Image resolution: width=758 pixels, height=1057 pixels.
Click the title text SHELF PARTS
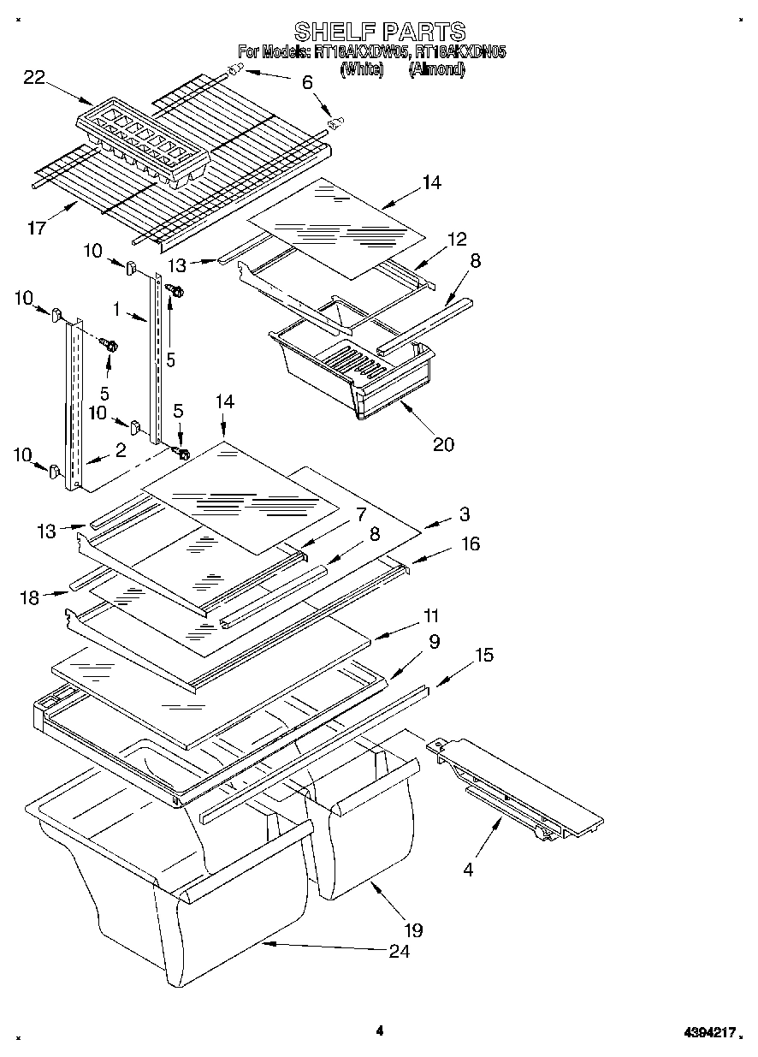pos(379,33)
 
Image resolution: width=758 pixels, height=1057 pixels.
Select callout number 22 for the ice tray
pos(34,78)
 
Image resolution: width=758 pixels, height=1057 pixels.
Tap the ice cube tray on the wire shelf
pos(143,142)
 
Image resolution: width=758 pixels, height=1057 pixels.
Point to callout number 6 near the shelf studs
pos(307,83)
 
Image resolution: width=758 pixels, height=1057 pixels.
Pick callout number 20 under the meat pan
pos(443,443)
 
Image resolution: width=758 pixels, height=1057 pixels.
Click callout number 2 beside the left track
pos(120,449)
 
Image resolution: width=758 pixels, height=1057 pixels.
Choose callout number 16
pos(471,543)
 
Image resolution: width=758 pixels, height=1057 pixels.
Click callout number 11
pos(430,615)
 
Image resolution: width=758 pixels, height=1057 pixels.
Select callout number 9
pos(435,641)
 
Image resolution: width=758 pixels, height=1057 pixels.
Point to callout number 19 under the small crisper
pos(413,929)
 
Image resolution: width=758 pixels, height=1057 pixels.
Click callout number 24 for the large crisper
pos(399,951)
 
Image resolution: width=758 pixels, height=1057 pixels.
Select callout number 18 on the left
pos(30,598)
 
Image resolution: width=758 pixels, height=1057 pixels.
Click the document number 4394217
pos(708,1033)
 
